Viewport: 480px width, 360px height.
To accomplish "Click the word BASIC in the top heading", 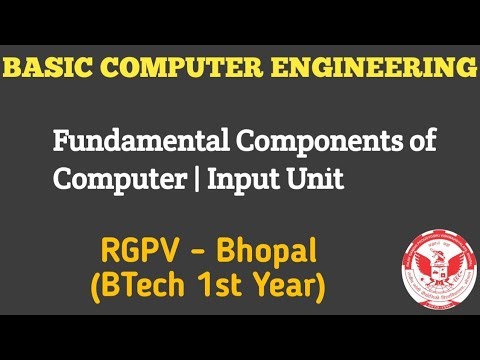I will tap(49, 68).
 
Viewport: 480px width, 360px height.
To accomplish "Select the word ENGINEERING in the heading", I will tap(375, 68).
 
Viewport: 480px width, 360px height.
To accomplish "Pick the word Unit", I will tap(290, 181).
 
